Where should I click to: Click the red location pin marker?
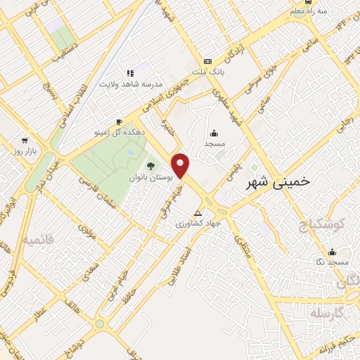[x=181, y=165]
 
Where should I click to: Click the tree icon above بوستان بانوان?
[x=151, y=167]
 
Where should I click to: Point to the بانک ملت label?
[x=207, y=71]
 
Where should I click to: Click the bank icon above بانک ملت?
[x=207, y=61]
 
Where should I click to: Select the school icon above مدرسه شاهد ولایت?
[x=130, y=72]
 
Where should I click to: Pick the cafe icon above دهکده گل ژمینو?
[x=119, y=121]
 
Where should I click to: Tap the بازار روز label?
[x=25, y=150]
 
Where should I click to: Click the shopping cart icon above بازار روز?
[x=25, y=140]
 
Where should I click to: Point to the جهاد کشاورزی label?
[x=198, y=223]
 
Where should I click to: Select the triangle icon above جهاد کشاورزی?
[x=198, y=212]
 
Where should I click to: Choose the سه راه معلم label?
[x=311, y=11]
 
